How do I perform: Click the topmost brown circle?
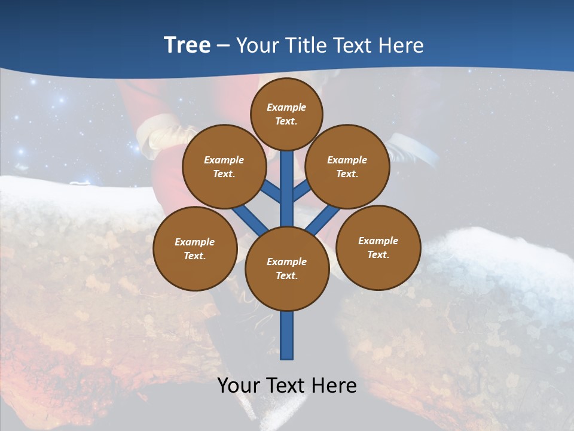point(286,114)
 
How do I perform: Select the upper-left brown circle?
point(224,166)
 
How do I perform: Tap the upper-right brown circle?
point(347,166)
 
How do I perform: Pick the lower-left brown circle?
point(195,248)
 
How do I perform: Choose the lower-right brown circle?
point(378,247)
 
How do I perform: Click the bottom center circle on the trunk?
point(287,269)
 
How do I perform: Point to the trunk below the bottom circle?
point(287,335)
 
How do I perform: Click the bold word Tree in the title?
point(187,45)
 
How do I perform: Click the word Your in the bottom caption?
point(240,385)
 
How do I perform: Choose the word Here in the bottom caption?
point(335,385)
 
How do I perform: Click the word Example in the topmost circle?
point(286,107)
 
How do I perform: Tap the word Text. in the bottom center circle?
point(286,276)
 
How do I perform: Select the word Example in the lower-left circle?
point(195,242)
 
